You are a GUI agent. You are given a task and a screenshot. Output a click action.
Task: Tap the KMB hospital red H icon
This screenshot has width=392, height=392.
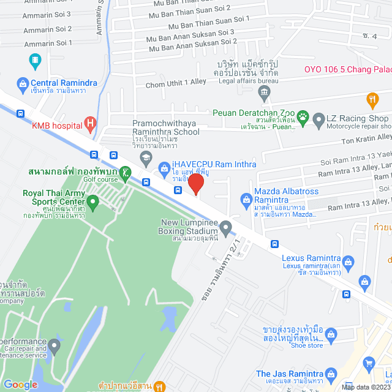click(x=91, y=126)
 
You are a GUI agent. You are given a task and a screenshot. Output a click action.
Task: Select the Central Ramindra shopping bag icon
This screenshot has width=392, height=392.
click(x=23, y=83)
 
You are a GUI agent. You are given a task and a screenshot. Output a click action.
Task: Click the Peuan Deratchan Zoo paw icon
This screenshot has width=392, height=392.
click(x=302, y=115)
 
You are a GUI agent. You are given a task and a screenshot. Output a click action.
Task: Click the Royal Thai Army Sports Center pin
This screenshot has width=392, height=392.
click(x=92, y=201)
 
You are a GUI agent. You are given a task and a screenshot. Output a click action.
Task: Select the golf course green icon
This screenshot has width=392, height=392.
click(x=126, y=173)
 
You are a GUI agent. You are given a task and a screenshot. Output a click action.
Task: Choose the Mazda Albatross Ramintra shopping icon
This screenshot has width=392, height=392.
click(x=246, y=198)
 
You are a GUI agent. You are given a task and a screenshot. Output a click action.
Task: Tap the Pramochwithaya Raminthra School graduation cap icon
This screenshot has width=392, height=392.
click(x=146, y=159)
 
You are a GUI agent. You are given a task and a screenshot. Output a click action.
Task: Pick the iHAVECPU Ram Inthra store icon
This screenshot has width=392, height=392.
click(x=164, y=167)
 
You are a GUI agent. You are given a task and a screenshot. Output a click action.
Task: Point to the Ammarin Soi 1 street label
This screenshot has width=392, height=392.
click(x=48, y=43)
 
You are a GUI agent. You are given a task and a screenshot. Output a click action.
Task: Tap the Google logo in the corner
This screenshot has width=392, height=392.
click(x=20, y=384)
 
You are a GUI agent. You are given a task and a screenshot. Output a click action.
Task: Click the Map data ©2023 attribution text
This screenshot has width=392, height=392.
click(x=364, y=386)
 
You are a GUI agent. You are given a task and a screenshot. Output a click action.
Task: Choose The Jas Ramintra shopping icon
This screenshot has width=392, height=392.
click(x=331, y=374)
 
